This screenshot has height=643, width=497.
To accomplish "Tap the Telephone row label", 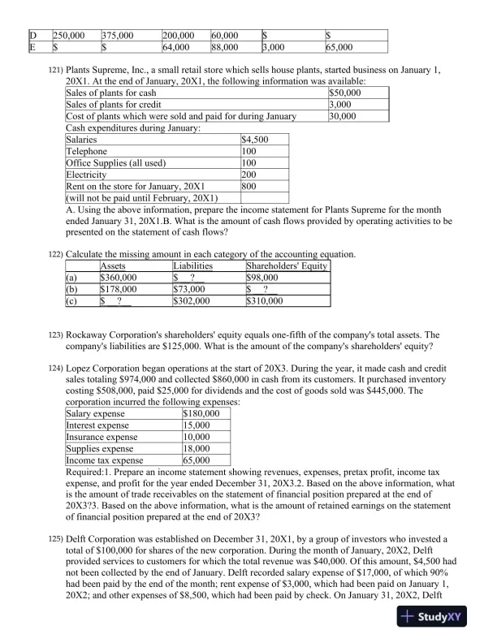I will pyautogui.click(x=85, y=152).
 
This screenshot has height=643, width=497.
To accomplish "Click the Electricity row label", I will pyautogui.click(x=86, y=175).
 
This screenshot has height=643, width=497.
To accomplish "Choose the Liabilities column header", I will pyautogui.click(x=192, y=265).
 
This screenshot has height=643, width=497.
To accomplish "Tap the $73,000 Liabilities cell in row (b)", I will pyautogui.click(x=189, y=288).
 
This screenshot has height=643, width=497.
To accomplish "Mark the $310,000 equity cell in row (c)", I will pyautogui.click(x=265, y=300).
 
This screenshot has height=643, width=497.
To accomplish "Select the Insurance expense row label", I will pyautogui.click(x=102, y=437).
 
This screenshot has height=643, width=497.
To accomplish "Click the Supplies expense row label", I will pyautogui.click(x=99, y=448).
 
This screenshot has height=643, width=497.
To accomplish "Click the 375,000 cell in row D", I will pyautogui.click(x=119, y=36).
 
